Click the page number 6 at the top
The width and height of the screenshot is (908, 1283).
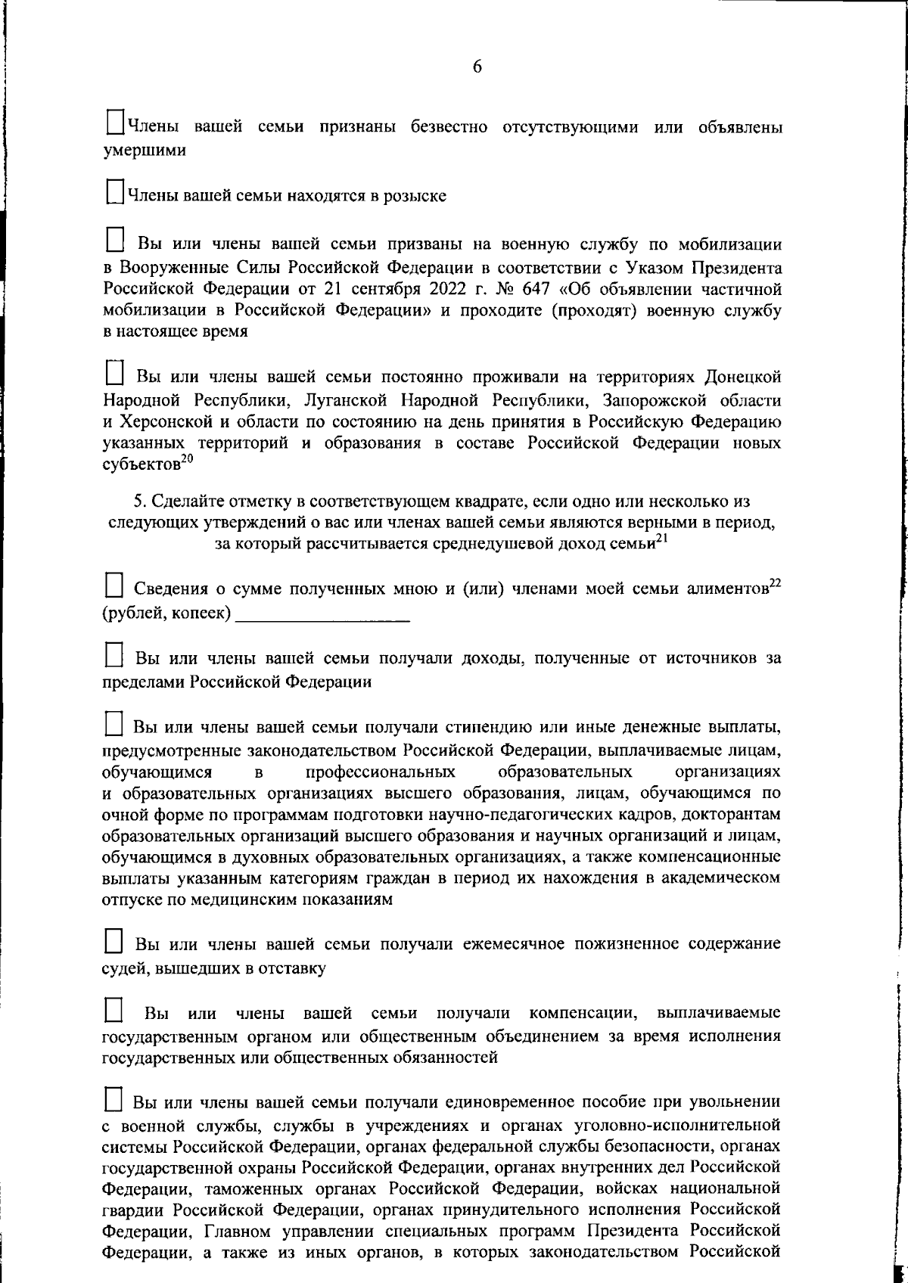477,67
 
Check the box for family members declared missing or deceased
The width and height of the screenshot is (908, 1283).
114,123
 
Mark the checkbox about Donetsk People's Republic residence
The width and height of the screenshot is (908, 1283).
114,373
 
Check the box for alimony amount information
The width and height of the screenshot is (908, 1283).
113,586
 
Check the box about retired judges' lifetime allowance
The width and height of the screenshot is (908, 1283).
113,942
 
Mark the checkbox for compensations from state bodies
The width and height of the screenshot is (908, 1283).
113,1010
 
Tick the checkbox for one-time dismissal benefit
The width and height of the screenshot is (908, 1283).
113,1098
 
